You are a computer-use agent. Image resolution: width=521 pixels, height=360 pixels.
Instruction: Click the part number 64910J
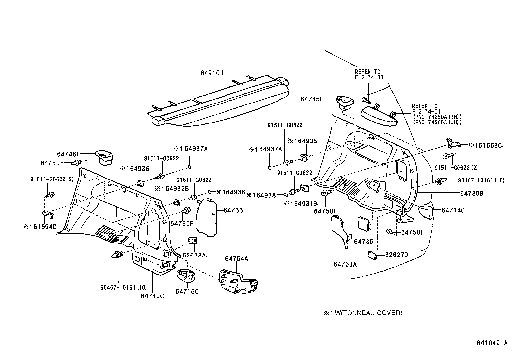(x=212, y=73)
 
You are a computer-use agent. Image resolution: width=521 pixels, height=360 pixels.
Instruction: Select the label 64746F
(x=68, y=154)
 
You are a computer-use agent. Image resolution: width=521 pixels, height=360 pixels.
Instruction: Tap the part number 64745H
(x=312, y=99)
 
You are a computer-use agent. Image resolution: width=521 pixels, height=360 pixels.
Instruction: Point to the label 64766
(x=233, y=210)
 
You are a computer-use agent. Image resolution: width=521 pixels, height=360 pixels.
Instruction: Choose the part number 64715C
(x=187, y=291)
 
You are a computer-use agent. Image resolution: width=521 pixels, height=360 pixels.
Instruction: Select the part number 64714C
(x=453, y=210)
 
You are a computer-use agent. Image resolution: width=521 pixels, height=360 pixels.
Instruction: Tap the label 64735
(x=364, y=242)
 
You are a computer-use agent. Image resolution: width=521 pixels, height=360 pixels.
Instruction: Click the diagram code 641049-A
(x=492, y=343)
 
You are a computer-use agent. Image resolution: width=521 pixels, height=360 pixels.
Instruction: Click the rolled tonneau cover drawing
(x=219, y=102)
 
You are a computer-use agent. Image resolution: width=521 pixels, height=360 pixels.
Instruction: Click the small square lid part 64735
(x=364, y=223)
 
